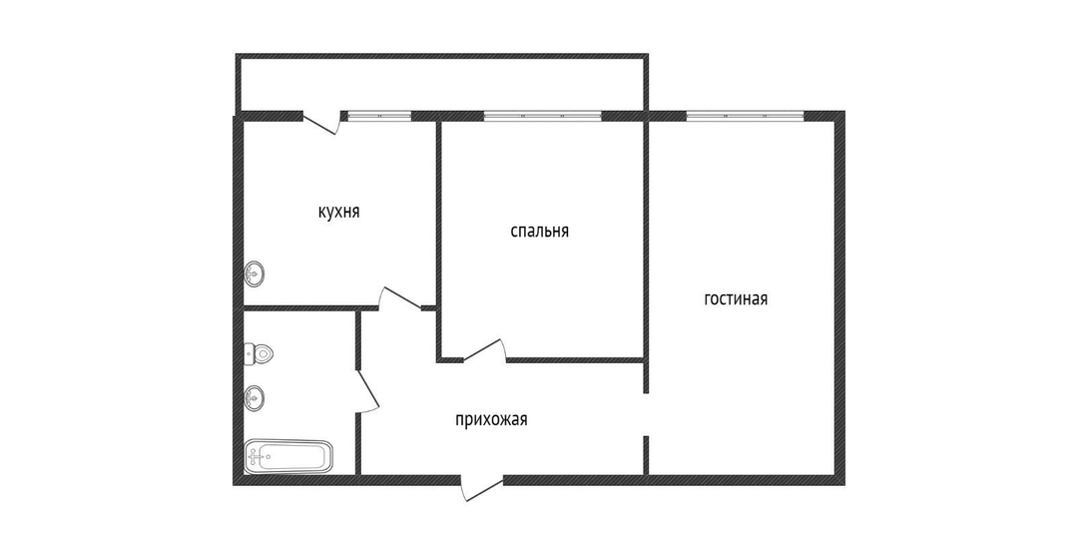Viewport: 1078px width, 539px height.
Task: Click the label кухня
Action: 339,212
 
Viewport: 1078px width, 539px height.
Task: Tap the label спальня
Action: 540,231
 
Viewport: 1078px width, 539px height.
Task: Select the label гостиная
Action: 736,299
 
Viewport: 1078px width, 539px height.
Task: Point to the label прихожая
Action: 491,419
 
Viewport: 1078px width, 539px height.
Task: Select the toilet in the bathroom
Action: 259,354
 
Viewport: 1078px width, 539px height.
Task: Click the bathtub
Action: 288,456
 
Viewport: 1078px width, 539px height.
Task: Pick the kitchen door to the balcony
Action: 322,122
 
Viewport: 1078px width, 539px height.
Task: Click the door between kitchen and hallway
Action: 400,298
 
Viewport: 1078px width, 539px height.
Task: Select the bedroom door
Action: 485,350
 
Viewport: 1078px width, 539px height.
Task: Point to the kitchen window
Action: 379,116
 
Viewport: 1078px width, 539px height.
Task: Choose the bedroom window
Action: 542,116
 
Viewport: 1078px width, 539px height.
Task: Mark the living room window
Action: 746,116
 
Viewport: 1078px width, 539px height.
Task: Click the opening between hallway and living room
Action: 646,414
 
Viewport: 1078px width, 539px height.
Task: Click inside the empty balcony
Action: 440,84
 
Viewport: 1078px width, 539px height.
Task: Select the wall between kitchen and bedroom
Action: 438,214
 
